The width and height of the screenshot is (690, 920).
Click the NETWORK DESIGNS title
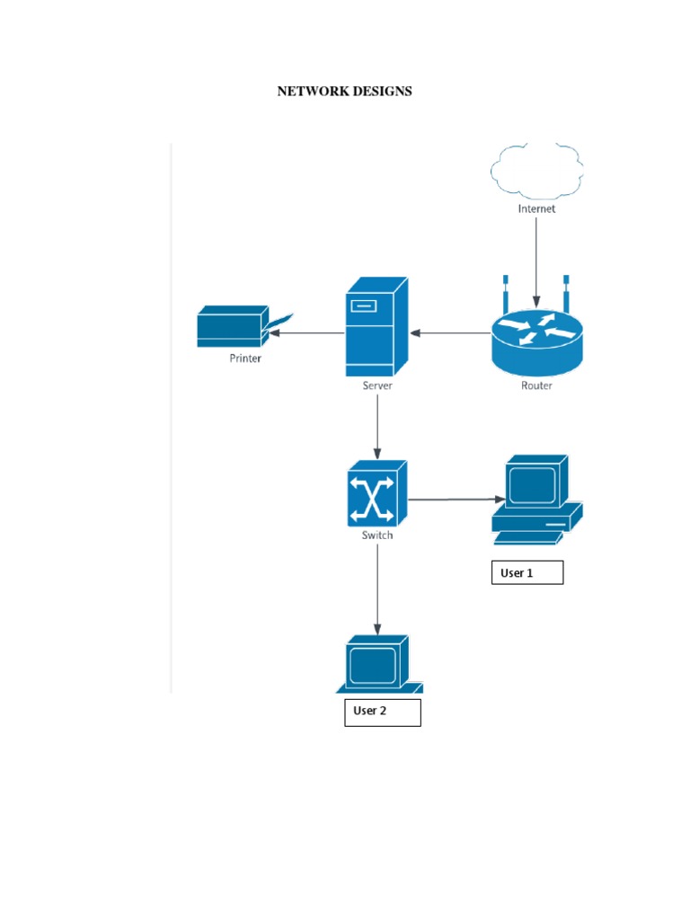pyautogui.click(x=344, y=91)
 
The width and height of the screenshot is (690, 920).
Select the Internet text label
pyautogui.click(x=536, y=208)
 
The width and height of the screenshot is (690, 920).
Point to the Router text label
pyautogui.click(x=536, y=385)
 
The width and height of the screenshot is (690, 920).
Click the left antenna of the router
pyautogui.click(x=505, y=292)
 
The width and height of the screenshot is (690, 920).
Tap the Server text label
pyautogui.click(x=376, y=385)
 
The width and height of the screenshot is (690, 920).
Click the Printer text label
pyautogui.click(x=244, y=358)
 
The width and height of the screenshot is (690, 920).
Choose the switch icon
pyautogui.click(x=376, y=493)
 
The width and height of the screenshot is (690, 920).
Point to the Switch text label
pyautogui.click(x=376, y=535)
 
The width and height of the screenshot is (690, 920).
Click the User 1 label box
pyautogui.click(x=526, y=572)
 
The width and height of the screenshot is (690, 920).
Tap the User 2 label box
pyautogui.click(x=382, y=712)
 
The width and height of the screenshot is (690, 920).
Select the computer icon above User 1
pyautogui.click(x=535, y=500)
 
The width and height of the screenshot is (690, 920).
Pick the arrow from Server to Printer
pyautogui.click(x=306, y=332)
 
